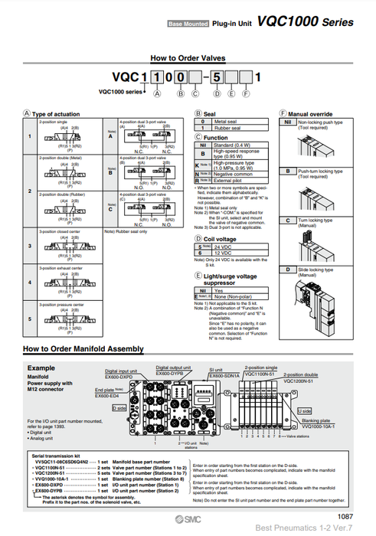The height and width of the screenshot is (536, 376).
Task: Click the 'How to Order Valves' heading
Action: click(x=188, y=57)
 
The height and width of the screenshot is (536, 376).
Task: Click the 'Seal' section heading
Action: click(x=209, y=113)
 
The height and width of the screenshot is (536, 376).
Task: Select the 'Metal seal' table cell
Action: click(x=225, y=121)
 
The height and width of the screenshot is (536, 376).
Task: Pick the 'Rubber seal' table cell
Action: click(x=227, y=128)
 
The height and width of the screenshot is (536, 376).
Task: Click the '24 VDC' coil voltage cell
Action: click(x=223, y=247)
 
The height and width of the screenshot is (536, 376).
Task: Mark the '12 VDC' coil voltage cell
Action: click(x=223, y=253)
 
